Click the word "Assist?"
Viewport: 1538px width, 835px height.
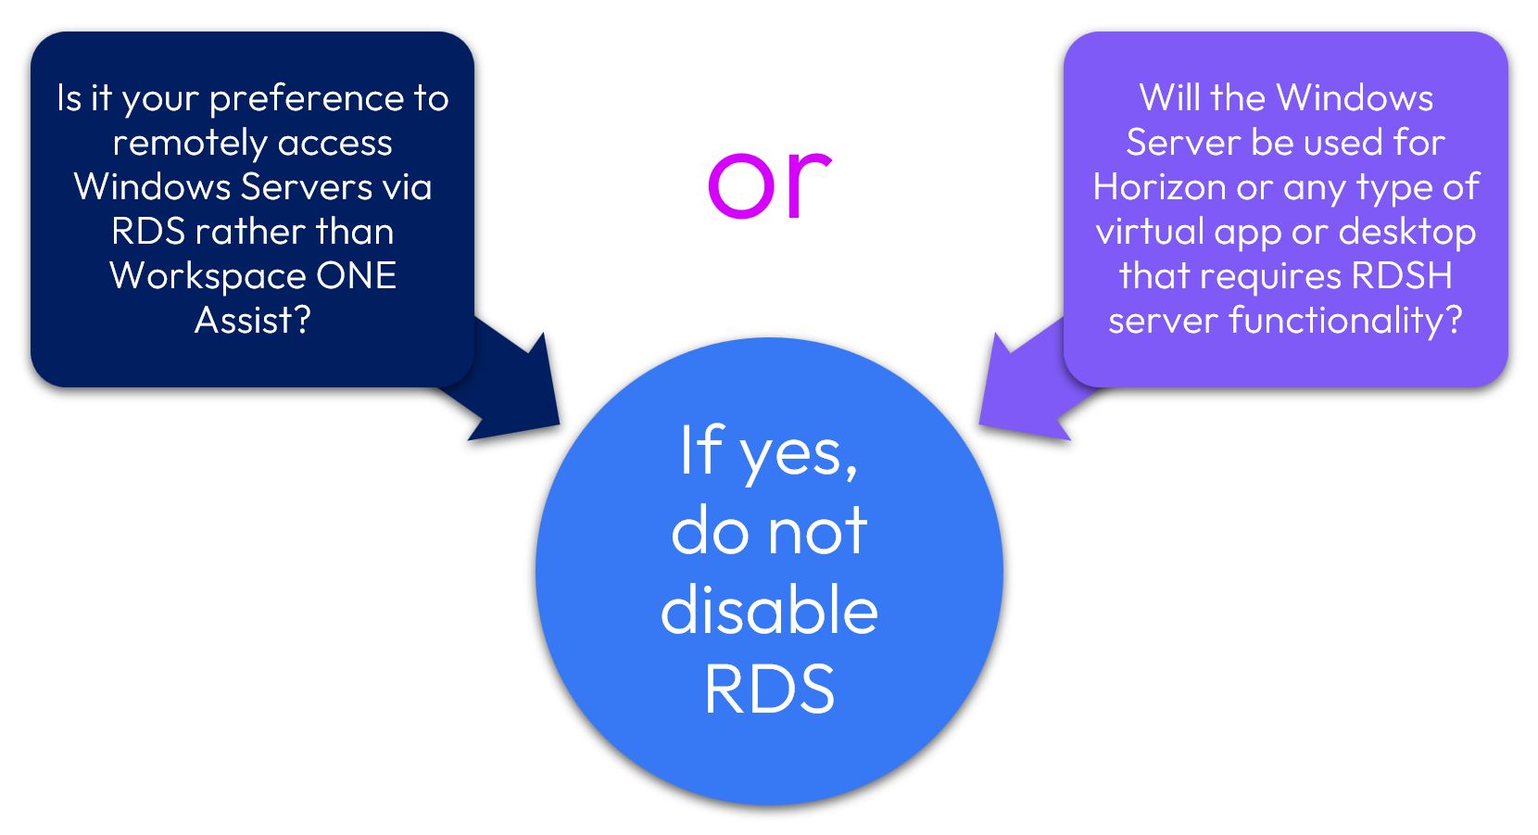coord(253,320)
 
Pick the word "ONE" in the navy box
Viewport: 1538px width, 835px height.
coord(357,275)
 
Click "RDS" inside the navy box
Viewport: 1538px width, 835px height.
coord(148,232)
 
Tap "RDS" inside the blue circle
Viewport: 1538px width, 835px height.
coord(770,690)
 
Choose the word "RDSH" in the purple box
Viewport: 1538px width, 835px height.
coord(1401,275)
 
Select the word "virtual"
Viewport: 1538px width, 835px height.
coord(1150,232)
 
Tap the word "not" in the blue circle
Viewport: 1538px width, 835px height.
coord(817,532)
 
